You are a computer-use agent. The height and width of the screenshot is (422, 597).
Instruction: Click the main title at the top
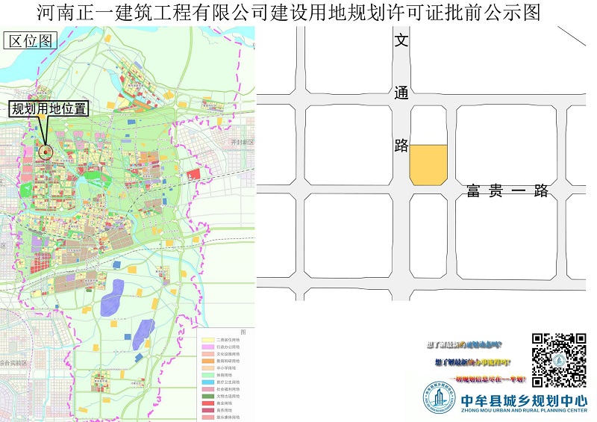(x=288, y=13)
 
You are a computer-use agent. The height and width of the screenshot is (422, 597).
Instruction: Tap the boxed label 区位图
(x=31, y=41)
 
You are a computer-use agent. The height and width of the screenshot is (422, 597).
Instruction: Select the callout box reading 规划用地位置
(x=49, y=108)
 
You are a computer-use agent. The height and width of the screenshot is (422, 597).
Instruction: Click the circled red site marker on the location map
(x=46, y=152)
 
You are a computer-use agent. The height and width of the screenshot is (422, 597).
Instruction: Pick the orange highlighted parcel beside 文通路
(x=428, y=164)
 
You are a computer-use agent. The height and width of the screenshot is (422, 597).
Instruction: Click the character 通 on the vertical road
(x=401, y=93)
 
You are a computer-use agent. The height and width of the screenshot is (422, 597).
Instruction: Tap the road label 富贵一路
(x=507, y=191)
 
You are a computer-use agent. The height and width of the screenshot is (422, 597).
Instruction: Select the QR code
(x=559, y=360)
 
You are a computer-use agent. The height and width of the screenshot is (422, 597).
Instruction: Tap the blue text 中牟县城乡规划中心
(x=524, y=399)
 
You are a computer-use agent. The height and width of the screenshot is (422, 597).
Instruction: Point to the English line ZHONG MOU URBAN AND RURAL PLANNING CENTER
(x=524, y=412)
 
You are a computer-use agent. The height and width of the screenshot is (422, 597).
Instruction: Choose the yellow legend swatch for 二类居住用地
(x=207, y=340)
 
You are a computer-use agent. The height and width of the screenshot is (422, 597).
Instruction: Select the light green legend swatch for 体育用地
(x=207, y=374)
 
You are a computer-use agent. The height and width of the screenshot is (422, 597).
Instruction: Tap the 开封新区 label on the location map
(x=243, y=142)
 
